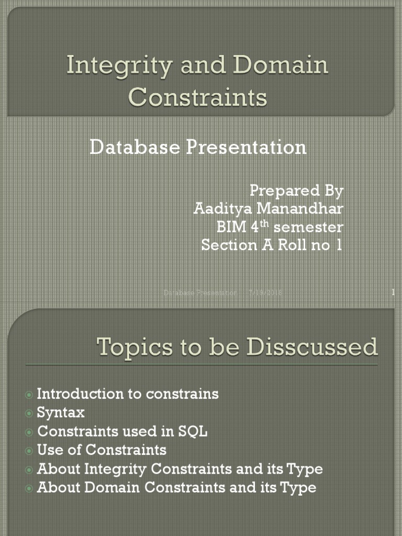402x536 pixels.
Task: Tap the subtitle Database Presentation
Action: click(198, 147)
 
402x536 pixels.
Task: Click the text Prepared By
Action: click(296, 191)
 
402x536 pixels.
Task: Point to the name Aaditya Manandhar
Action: click(269, 209)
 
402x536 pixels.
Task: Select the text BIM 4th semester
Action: click(280, 227)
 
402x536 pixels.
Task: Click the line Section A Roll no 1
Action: click(272, 245)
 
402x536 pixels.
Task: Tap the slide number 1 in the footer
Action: click(393, 293)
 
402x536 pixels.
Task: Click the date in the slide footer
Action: click(265, 293)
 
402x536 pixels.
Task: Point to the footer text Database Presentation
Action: click(200, 293)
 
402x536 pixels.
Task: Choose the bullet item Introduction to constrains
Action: click(128, 394)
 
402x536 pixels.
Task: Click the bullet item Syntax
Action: click(61, 412)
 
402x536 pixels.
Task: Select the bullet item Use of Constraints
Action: click(102, 450)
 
